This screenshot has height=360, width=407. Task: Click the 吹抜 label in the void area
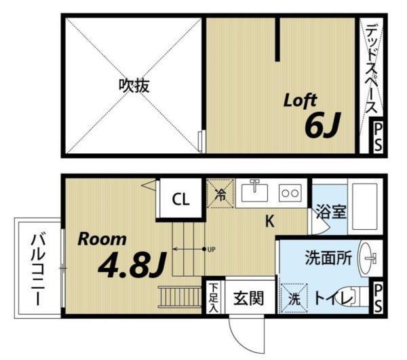pos(134,85)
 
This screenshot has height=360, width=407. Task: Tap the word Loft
pos(300,102)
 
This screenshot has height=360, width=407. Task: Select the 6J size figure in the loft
pos(322,126)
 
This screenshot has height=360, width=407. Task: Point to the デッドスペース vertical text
pos(372,68)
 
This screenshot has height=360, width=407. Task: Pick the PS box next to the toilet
pos(378,298)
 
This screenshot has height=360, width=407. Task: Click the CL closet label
pos(180,199)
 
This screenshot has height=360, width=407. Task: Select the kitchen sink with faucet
pos(256,193)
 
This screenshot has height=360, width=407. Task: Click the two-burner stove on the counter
pos(291,193)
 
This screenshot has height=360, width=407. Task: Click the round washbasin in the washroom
pos(370,257)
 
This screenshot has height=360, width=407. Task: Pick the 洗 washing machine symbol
pos(294,298)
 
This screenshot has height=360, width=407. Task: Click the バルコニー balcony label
pos(38,269)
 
